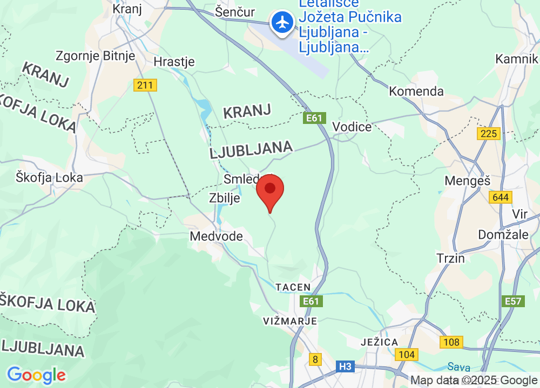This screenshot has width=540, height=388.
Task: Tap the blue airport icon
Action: click(x=282, y=23)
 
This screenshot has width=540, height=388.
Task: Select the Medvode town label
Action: click(x=216, y=236)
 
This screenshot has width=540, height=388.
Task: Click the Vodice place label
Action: click(x=352, y=127)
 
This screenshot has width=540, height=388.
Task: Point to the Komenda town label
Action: click(x=416, y=91)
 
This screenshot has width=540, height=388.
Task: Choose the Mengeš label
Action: click(x=464, y=181)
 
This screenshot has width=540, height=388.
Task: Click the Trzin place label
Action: click(x=451, y=258)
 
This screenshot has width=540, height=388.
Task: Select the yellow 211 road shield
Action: click(x=145, y=85)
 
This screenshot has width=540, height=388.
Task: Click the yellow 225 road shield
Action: click(x=489, y=133)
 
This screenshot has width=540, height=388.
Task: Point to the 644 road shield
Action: click(x=501, y=197)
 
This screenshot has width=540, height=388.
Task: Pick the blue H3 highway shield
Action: click(x=346, y=367)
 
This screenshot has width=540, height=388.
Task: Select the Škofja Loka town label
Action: click(x=49, y=177)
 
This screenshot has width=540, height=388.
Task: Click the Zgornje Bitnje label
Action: click(x=96, y=56)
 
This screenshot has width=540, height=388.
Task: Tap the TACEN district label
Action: click(x=293, y=287)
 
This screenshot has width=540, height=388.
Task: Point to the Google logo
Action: click(x=36, y=375)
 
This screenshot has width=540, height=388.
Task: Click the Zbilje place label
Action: click(x=224, y=198)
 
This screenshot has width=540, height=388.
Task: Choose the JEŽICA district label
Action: click(x=380, y=342)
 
